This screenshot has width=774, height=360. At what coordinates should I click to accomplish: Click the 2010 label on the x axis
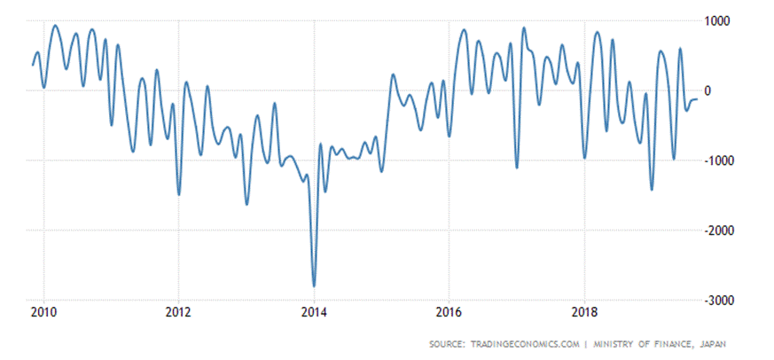coord(43,311)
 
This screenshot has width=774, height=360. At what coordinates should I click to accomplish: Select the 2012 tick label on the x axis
coord(179,311)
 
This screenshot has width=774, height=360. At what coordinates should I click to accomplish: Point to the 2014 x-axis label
coord(314,311)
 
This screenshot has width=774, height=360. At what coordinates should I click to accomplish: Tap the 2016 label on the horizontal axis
coord(450,311)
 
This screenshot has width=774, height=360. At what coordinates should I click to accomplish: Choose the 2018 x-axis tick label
coord(584,311)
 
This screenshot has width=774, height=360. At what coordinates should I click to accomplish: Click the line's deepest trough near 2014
coord(314,286)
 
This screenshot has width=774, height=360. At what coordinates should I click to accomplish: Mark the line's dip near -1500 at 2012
coord(179,194)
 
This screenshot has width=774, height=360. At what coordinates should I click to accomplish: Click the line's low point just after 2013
coord(246,204)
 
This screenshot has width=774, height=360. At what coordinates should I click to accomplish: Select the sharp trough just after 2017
coord(517,167)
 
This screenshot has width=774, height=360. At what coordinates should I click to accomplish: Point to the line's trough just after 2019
coord(652,189)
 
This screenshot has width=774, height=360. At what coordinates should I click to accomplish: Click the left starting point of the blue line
coord(33,64)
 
